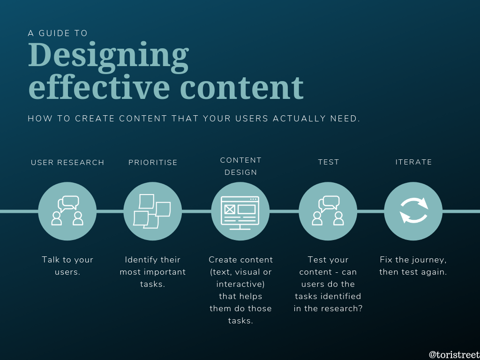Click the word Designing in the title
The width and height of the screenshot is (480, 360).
[108, 57]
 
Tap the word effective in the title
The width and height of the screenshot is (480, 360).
[99, 87]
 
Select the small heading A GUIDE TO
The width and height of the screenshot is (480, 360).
[58, 33]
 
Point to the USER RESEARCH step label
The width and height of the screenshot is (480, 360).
[67, 162]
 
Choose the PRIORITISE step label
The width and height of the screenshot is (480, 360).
[153, 162]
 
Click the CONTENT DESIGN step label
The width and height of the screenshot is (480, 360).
[240, 166]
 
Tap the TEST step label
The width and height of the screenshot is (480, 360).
[329, 162]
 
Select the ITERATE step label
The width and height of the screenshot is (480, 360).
[413, 162]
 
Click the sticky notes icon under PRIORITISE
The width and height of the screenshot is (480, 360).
[152, 211]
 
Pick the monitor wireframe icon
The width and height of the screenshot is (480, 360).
[240, 213]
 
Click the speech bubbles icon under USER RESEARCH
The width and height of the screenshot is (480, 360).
[68, 203]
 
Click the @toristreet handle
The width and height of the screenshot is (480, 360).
[454, 354]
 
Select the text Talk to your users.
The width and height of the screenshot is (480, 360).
[67, 266]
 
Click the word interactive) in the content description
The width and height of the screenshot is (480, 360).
[240, 285]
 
